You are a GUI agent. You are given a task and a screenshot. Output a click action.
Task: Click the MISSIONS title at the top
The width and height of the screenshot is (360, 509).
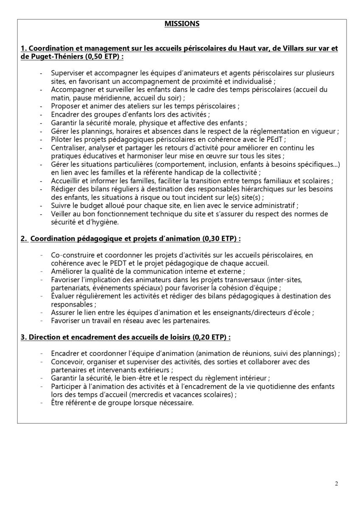point(182,24)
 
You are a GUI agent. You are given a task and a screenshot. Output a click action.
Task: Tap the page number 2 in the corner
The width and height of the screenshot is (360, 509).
point(336,484)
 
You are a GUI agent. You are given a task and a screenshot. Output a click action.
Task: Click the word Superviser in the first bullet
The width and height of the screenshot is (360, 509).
point(67,73)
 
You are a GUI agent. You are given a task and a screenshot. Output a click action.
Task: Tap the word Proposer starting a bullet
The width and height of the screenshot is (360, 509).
point(64,106)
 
